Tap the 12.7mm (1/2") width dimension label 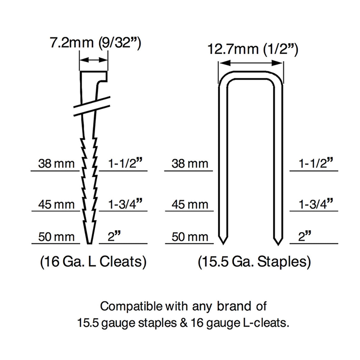(253, 49)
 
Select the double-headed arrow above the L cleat (94, 60)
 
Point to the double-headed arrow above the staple (251, 63)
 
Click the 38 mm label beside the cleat (56, 164)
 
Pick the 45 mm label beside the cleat (56, 204)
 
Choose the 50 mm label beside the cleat (56, 237)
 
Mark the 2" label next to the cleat (114, 236)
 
